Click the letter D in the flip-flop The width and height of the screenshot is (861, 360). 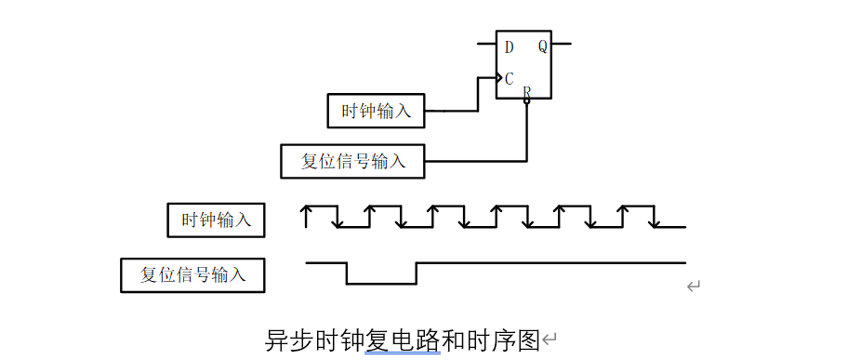[509, 47]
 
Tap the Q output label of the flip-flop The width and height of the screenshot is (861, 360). [542, 47]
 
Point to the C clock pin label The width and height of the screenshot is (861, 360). [509, 79]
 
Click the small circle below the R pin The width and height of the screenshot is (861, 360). [527, 101]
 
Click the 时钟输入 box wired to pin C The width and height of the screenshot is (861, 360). [377, 111]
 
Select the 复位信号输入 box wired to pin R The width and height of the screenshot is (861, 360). [353, 161]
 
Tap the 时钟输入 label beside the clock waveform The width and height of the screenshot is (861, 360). [216, 220]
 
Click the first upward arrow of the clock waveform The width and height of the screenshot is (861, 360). [306, 216]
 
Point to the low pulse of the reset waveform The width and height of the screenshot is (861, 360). [381, 283]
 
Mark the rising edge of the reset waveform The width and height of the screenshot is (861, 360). [417, 273]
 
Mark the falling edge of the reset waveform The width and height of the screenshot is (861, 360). [347, 273]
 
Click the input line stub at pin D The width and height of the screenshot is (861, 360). [486, 44]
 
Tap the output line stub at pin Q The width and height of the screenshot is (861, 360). [562, 44]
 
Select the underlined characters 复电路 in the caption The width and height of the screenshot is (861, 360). [403, 340]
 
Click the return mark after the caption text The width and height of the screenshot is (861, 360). [550, 341]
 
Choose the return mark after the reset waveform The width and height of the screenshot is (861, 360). [693, 287]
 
